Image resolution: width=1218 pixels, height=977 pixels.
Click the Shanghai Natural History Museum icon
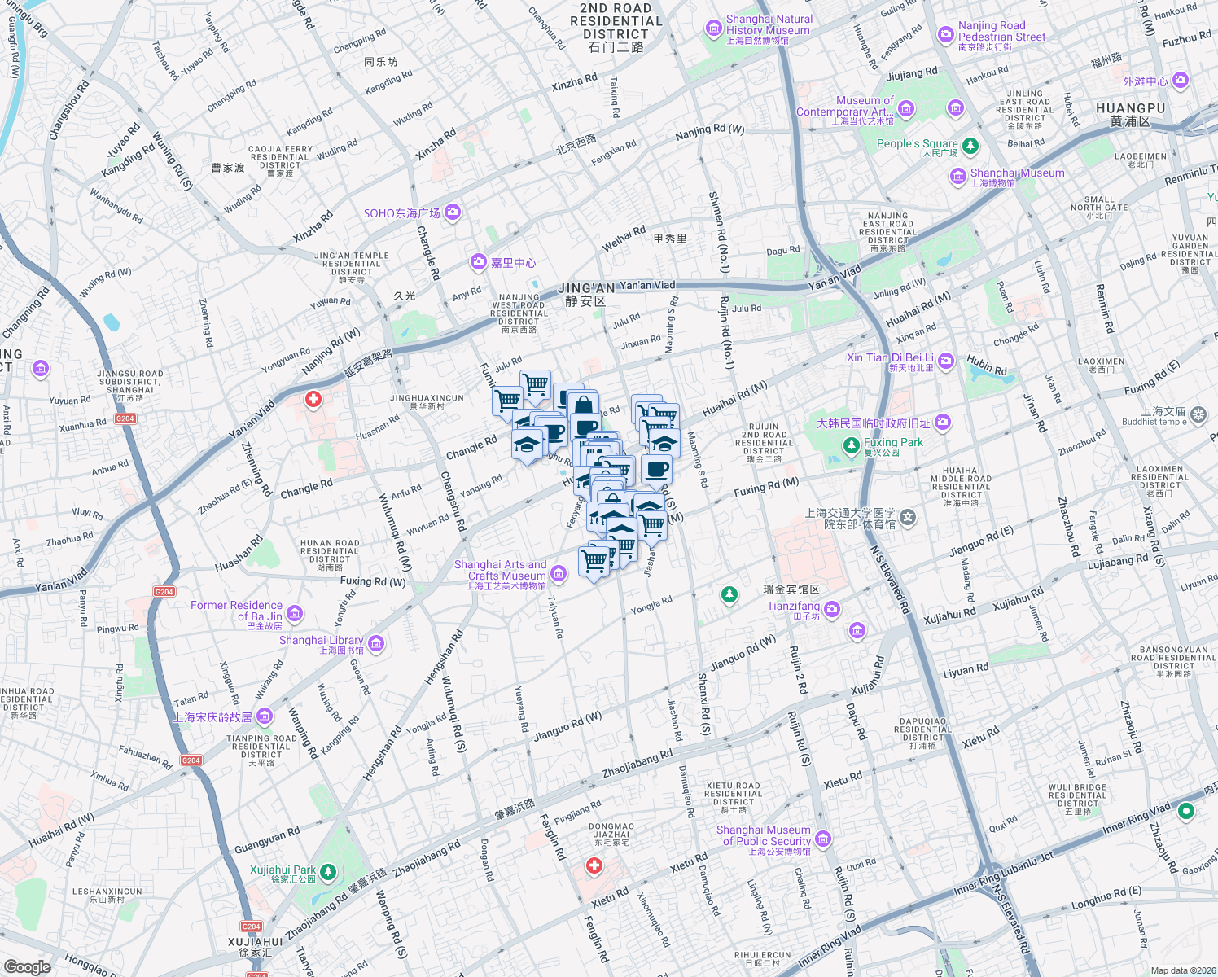[x=714, y=29]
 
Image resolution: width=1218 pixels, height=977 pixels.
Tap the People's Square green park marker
[x=970, y=146]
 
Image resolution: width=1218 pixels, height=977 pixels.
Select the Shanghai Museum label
[x=1017, y=173]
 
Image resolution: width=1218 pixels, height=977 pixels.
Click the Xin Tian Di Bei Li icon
[x=945, y=360]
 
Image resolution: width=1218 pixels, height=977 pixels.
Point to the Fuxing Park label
[x=893, y=443]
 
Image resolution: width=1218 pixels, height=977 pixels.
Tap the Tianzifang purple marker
[x=831, y=609]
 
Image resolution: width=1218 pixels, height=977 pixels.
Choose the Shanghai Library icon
[x=375, y=644]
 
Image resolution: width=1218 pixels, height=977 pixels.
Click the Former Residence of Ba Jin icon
[x=295, y=613]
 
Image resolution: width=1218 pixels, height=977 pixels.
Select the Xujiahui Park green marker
[x=328, y=873]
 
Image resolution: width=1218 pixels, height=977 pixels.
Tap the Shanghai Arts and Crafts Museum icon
[x=559, y=574]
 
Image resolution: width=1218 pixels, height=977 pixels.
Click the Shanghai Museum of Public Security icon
[x=823, y=839]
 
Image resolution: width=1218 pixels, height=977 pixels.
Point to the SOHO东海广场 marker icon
[x=453, y=212]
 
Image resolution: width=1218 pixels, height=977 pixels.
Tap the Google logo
[x=27, y=966]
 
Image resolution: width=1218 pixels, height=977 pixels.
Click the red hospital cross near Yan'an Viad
[x=313, y=399]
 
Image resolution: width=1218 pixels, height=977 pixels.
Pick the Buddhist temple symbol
[x=1198, y=415]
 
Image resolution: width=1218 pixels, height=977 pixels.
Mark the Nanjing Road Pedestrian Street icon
[x=945, y=34]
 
